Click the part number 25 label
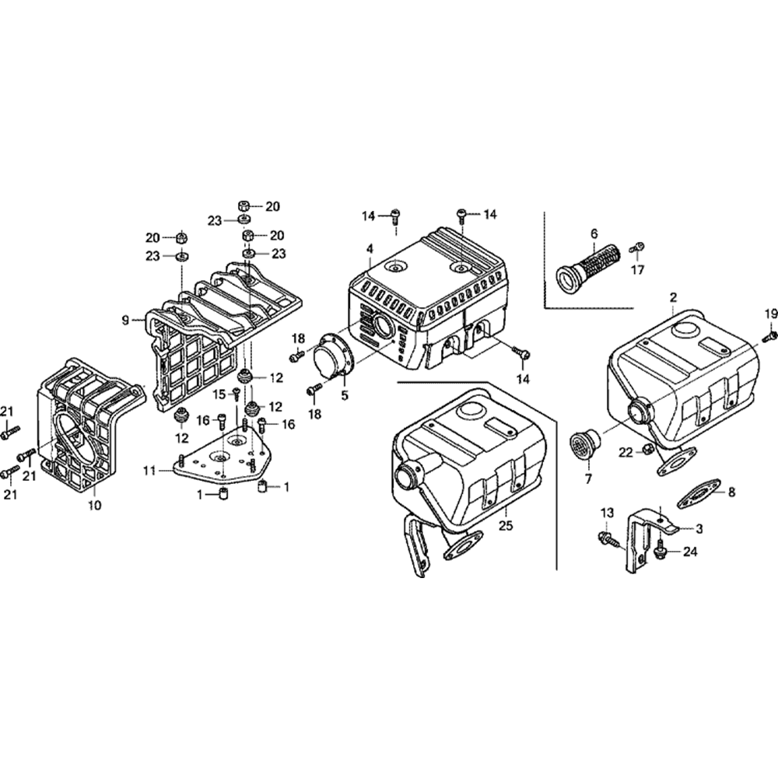pos(506,526)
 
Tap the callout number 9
pos(125,321)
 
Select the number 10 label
pos(94,505)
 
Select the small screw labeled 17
pos(638,247)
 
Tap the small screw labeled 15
pos(237,395)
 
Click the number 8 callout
pos(731,492)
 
